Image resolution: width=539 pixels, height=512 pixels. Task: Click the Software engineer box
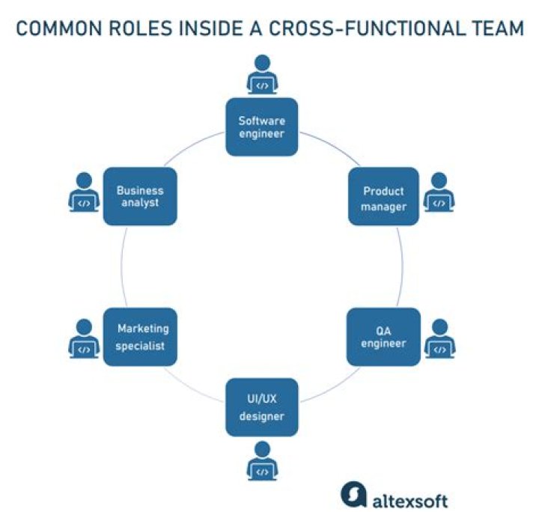262,127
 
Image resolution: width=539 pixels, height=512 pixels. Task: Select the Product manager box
383,196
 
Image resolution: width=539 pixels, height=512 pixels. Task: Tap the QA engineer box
383,337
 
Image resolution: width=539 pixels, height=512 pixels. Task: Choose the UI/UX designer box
262,407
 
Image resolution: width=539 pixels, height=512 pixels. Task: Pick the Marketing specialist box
140,337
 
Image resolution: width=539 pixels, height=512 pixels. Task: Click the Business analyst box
140,196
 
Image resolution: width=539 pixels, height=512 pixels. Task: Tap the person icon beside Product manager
439,192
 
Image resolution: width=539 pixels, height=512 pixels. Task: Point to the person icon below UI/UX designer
262,460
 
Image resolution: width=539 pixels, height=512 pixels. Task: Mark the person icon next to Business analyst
84,192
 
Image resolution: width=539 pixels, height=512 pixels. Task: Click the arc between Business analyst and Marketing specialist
121,266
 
